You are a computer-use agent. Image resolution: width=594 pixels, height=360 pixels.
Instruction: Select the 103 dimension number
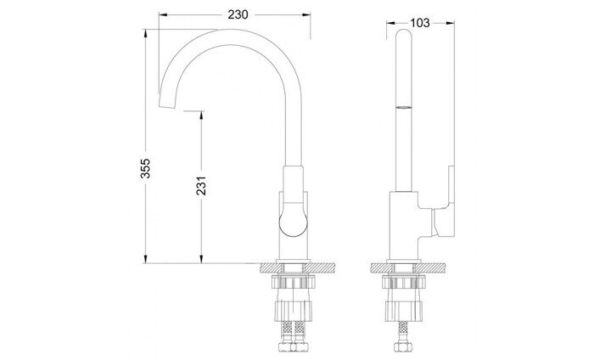(x=419, y=23)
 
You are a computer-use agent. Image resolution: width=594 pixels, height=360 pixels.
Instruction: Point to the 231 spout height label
(x=202, y=187)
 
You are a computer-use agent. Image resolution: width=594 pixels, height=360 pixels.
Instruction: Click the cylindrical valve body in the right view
(x=402, y=225)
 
